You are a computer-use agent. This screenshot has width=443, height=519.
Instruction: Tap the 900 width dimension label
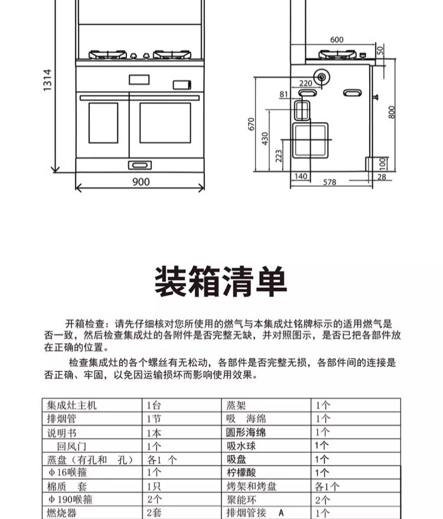[x=141, y=182]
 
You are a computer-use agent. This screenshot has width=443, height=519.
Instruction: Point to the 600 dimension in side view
[x=336, y=40]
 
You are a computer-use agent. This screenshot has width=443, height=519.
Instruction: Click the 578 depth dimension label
[x=330, y=182]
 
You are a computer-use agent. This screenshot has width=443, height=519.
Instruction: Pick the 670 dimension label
[x=251, y=125]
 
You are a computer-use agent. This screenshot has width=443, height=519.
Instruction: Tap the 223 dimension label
[x=279, y=156]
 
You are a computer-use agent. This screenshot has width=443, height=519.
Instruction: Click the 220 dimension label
[x=305, y=83]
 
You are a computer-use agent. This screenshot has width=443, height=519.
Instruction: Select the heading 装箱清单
[x=221, y=282]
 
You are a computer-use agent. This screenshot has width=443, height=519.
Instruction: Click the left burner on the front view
[x=108, y=54]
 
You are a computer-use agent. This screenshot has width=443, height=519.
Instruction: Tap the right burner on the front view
[x=172, y=54]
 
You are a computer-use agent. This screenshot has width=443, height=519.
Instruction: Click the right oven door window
[x=165, y=122]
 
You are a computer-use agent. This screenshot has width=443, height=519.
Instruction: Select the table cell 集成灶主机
[x=71, y=406]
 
